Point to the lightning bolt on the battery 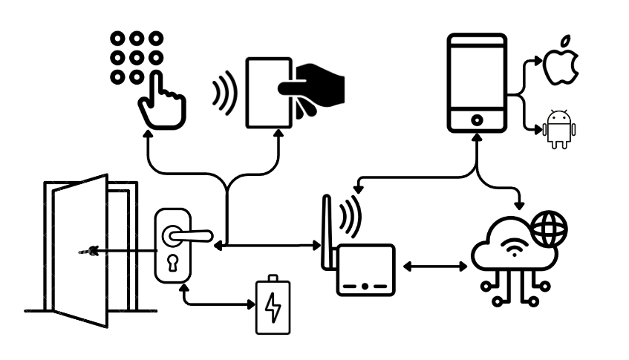click(273, 310)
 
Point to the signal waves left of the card click(222, 92)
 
